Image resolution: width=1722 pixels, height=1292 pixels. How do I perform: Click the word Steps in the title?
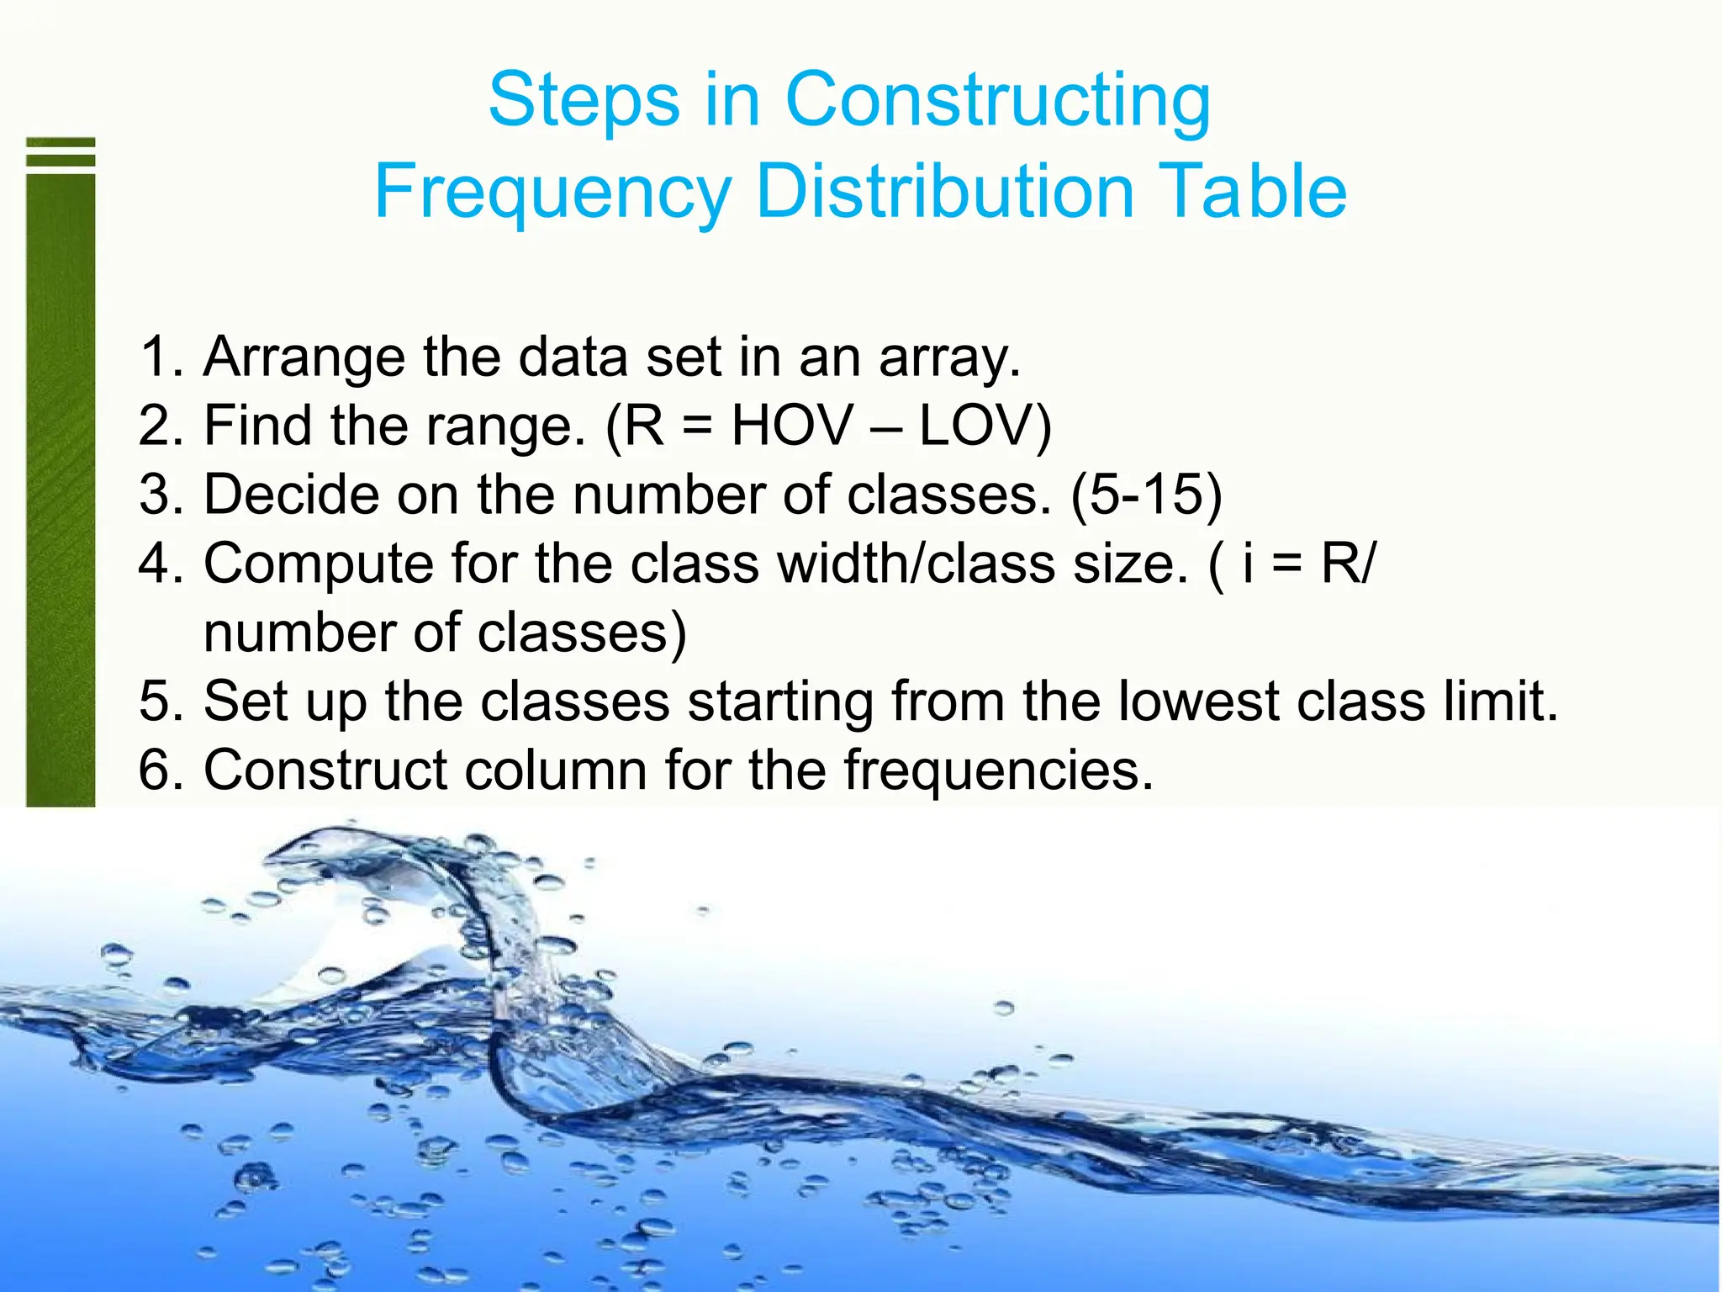584,101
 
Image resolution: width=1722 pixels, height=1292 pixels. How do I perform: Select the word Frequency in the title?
552,193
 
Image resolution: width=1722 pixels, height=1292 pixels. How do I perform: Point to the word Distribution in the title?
943,191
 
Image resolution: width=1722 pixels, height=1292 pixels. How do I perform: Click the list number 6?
156,770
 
